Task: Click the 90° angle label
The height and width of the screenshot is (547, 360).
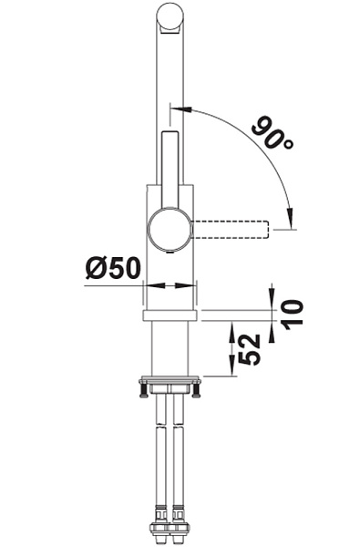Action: (273, 134)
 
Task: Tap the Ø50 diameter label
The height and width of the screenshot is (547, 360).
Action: (113, 268)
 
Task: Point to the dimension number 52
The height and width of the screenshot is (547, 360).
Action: (250, 349)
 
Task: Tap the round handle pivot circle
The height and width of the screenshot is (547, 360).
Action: (170, 230)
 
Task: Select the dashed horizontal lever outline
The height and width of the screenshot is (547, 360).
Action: (231, 230)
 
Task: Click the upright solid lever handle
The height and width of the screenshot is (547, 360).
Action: (170, 170)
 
